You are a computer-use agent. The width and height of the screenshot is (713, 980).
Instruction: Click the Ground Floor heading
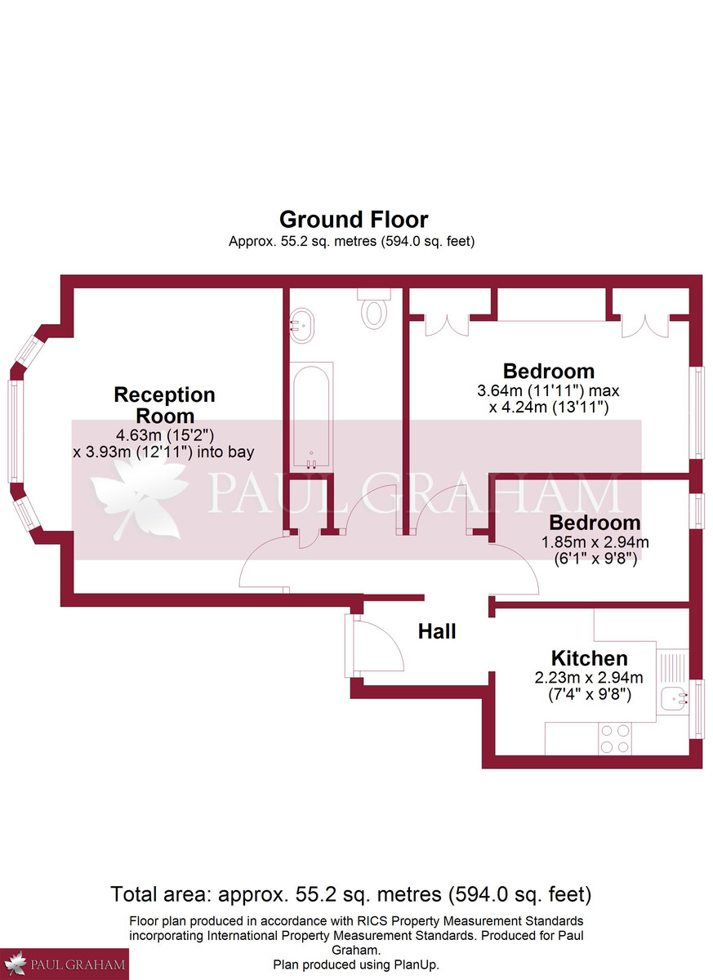click(x=353, y=220)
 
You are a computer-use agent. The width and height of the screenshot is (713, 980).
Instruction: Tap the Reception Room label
click(x=164, y=405)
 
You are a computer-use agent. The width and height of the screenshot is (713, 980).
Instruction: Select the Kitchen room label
click(x=589, y=658)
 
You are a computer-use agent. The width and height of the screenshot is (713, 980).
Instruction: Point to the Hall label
click(x=437, y=631)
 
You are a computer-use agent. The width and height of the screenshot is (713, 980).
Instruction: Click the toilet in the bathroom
click(x=375, y=310)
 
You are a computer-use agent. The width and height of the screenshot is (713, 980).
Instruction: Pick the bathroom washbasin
click(x=301, y=326)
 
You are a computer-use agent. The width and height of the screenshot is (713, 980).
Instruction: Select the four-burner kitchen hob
click(x=614, y=739)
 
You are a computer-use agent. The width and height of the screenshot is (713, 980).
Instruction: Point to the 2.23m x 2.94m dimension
click(x=589, y=677)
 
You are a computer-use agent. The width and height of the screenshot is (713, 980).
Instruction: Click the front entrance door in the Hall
click(x=374, y=645)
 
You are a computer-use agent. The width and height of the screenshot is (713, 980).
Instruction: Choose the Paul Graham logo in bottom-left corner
click(x=65, y=964)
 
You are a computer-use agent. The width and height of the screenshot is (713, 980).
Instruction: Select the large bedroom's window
click(x=698, y=412)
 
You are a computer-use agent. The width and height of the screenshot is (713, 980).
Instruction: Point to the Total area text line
click(x=351, y=893)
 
